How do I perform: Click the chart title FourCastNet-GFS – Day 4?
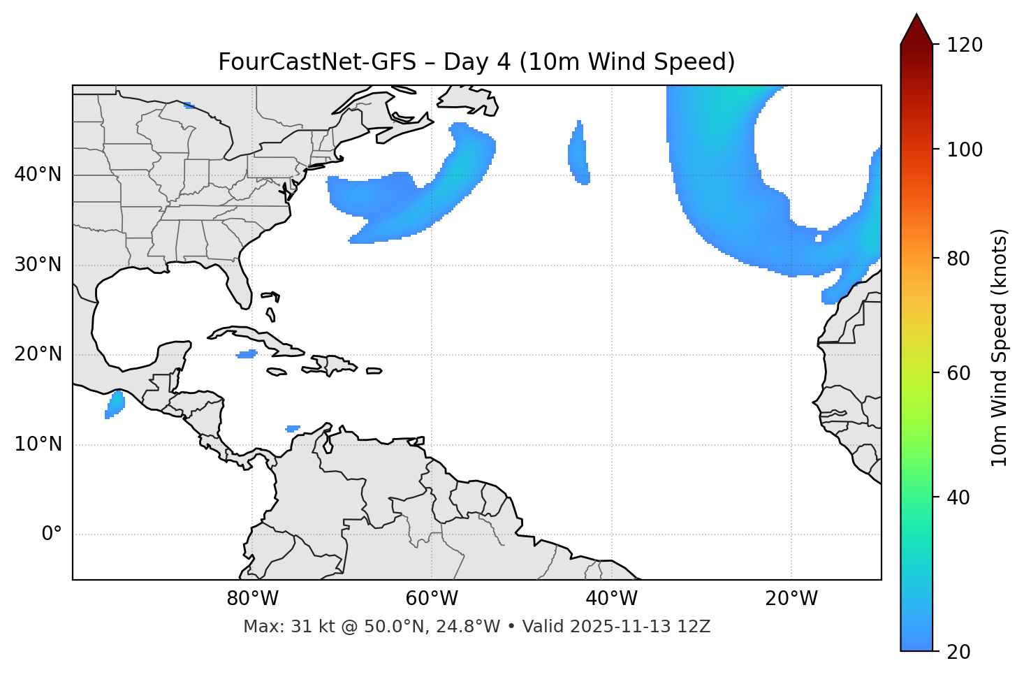coord(476,62)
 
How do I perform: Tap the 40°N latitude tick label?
coord(38,175)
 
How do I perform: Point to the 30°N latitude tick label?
coord(38,265)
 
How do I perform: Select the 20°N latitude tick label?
coord(38,354)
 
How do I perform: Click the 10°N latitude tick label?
coord(38,444)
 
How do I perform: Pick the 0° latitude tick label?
coord(52,534)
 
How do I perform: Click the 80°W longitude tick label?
coord(252,599)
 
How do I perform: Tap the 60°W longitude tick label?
coord(432,599)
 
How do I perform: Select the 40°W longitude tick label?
coord(611,599)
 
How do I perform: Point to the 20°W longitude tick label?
coord(791,599)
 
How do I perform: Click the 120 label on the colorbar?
coord(965,45)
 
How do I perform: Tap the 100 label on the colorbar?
coord(965,150)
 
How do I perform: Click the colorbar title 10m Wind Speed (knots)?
coord(1000,347)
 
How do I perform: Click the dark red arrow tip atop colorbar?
coord(916,28)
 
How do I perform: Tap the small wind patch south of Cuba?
coord(247,354)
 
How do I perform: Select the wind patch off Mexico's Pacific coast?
coord(115,405)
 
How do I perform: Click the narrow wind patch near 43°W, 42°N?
coord(578,154)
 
